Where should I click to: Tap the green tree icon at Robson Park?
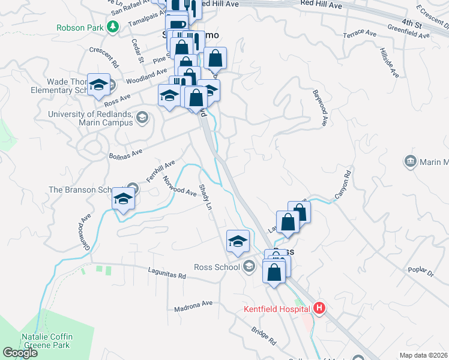pyautogui.click(x=112, y=26)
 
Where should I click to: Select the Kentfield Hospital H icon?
pyautogui.click(x=319, y=309)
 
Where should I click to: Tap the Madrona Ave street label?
pyautogui.click(x=193, y=307)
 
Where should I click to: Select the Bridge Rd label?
pyautogui.click(x=264, y=336)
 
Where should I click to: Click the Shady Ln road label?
pyautogui.click(x=205, y=197)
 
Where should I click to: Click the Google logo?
pyautogui.click(x=20, y=353)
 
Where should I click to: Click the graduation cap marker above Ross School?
pyautogui.click(x=238, y=241)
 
